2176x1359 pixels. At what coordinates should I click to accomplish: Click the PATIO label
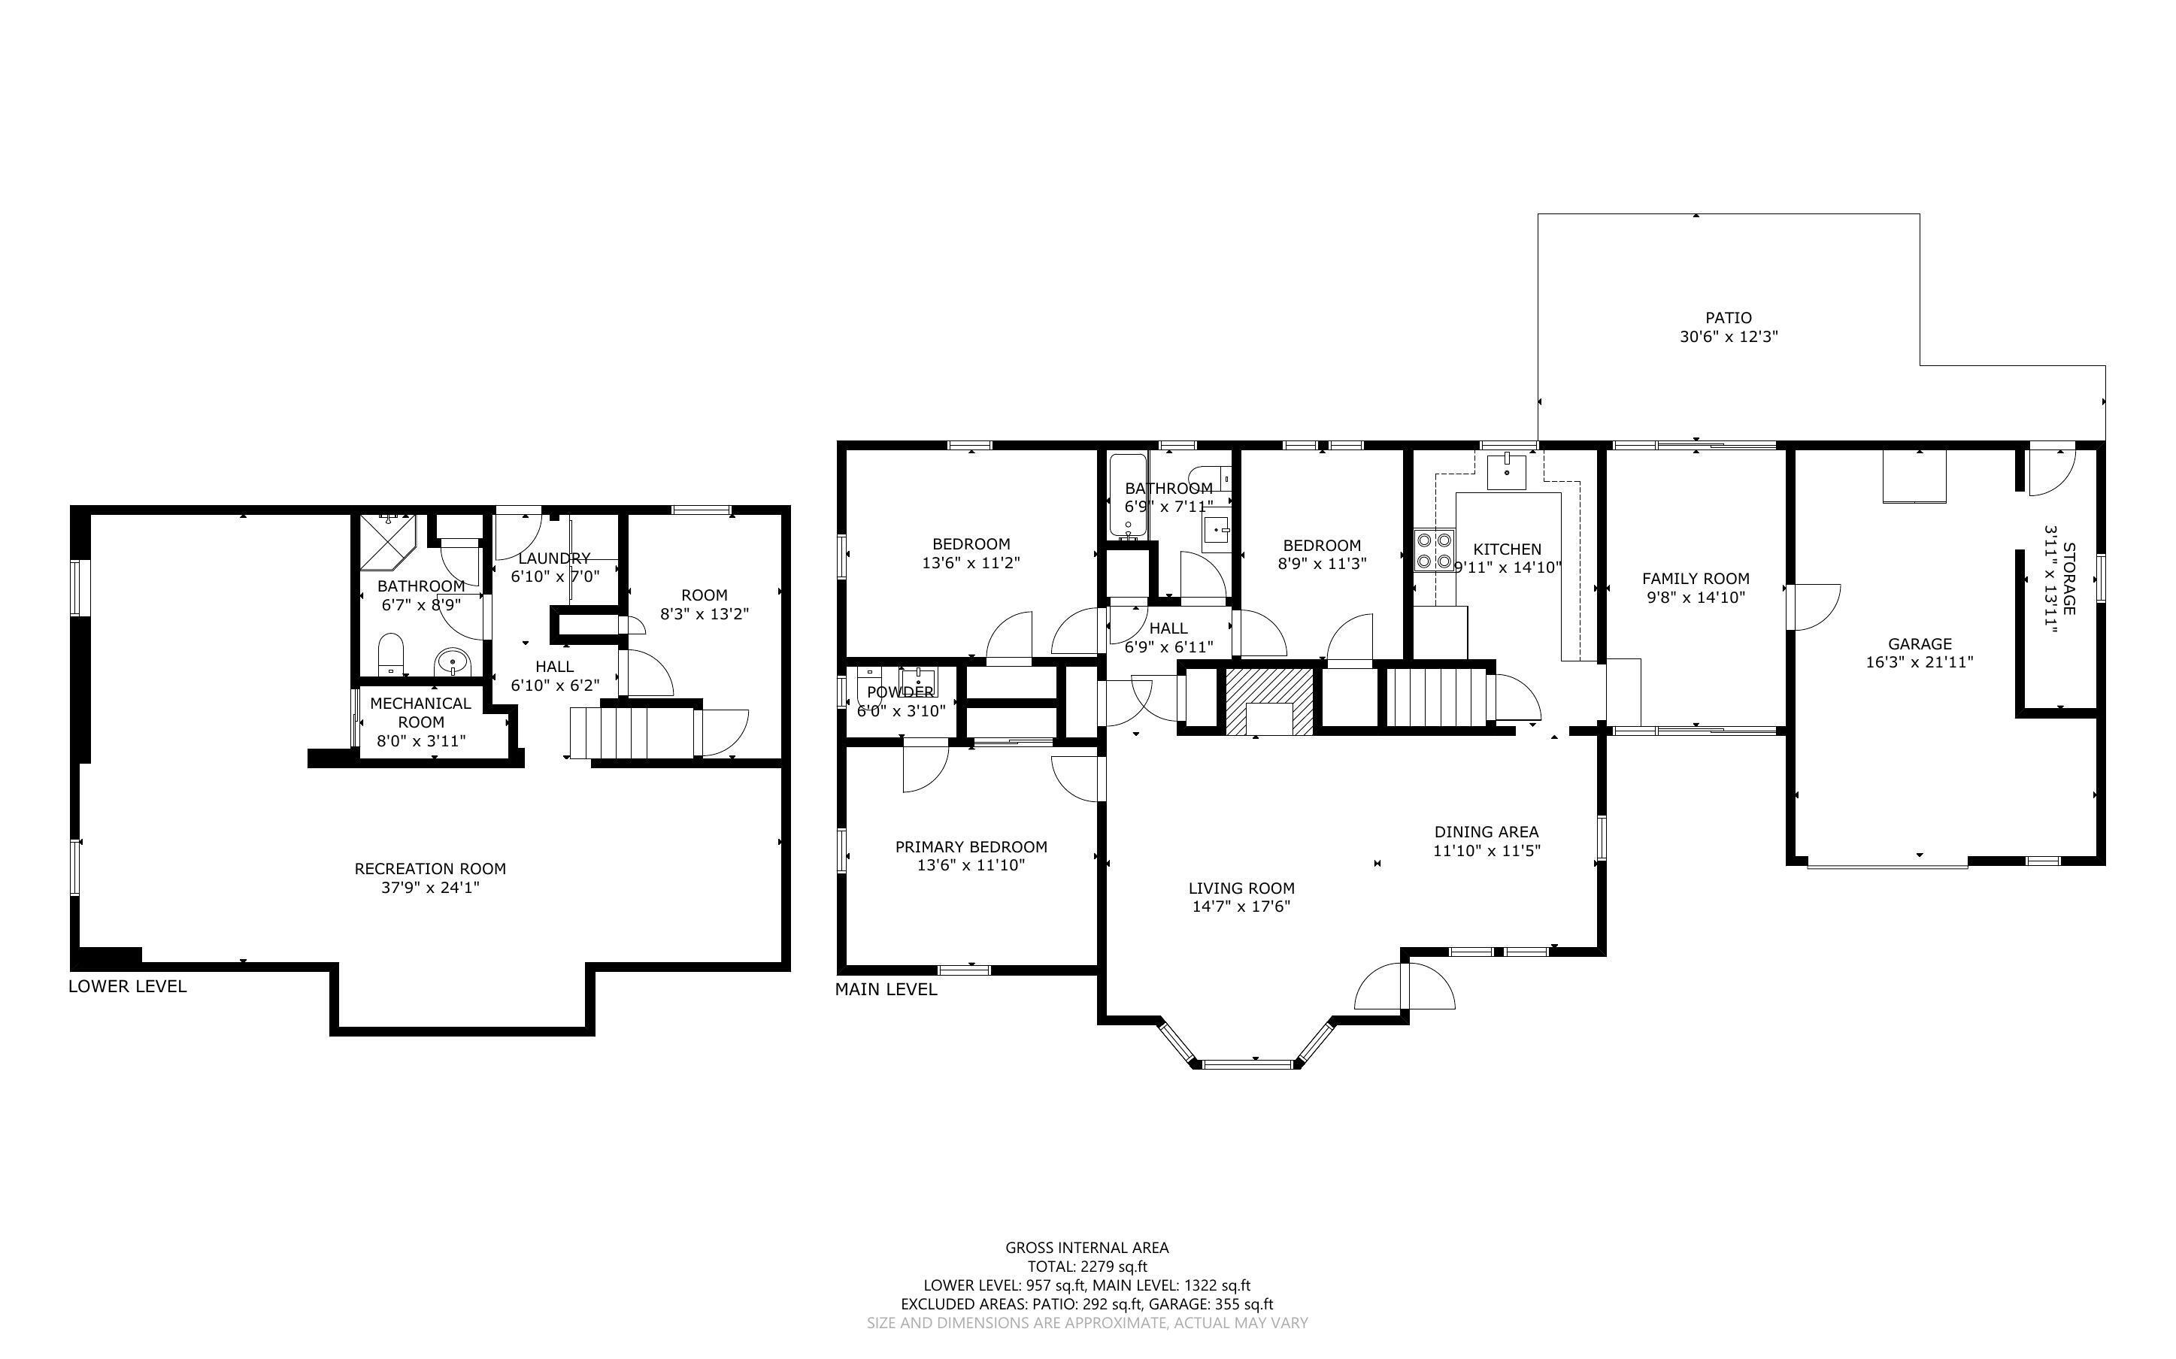[x=1728, y=317]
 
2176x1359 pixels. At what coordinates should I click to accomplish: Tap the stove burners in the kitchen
[x=1435, y=551]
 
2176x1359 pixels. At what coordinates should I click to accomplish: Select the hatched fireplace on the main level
[x=1269, y=701]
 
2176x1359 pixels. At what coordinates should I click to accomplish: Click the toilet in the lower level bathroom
[x=391, y=652]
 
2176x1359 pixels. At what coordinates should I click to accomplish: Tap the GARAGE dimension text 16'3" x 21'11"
[x=1919, y=662]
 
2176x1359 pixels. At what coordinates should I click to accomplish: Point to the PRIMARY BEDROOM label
[x=971, y=846]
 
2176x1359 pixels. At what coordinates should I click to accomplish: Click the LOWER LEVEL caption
[x=128, y=986]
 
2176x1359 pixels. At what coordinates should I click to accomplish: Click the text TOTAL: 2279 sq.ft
[x=1086, y=1267]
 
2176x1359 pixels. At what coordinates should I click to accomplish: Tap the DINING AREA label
[x=1486, y=832]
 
